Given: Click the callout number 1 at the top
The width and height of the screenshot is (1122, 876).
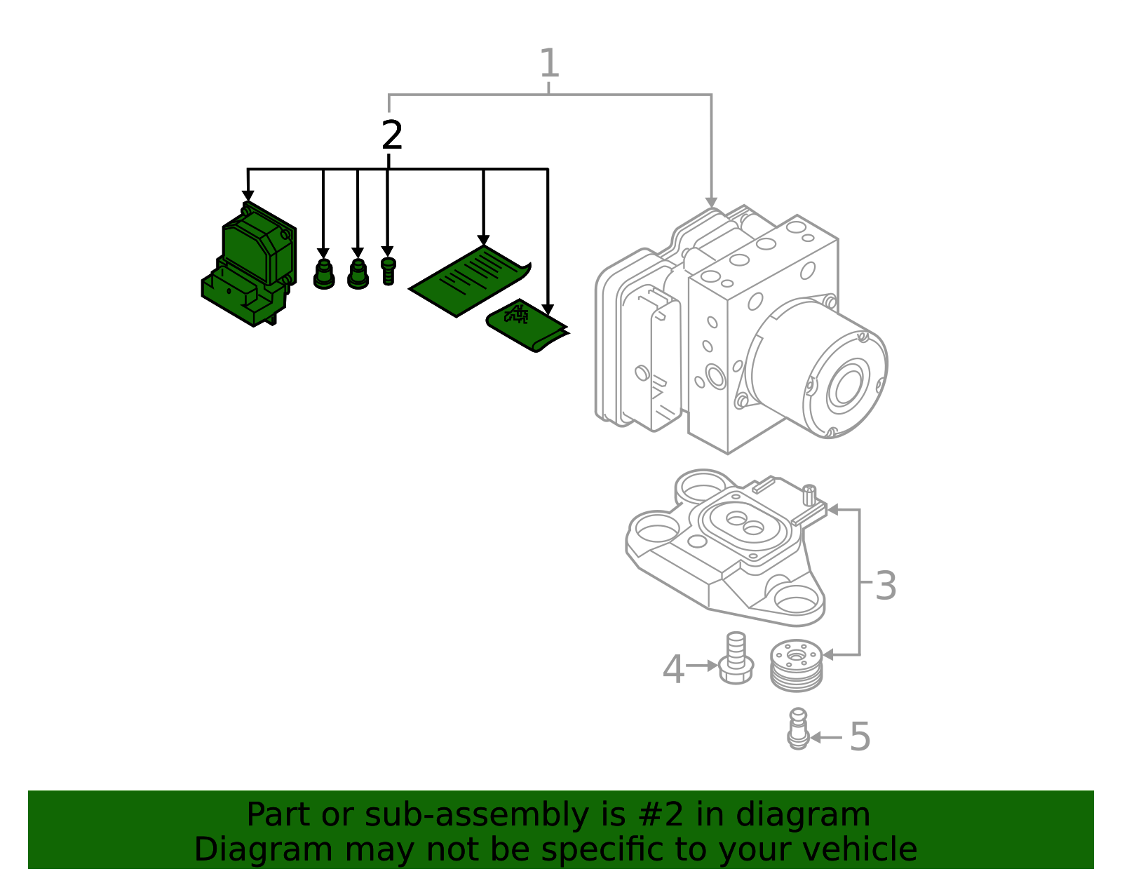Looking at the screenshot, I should click(549, 63).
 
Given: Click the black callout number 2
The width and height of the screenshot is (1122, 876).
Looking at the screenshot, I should click(392, 135).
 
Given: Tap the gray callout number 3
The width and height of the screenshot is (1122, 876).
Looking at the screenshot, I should click(886, 586).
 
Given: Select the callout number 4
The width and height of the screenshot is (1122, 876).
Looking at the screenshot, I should click(673, 669).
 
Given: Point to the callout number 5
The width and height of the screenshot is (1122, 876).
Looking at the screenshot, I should click(860, 736).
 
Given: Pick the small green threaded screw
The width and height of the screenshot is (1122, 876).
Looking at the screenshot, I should click(388, 271).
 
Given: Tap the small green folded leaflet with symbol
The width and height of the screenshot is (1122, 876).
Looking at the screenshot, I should click(526, 325).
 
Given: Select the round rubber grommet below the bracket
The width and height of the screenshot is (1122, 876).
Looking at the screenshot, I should click(796, 665).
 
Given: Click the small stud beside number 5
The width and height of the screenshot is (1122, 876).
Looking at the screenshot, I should click(798, 729).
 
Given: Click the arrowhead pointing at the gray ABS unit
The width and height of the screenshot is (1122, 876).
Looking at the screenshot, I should click(711, 203).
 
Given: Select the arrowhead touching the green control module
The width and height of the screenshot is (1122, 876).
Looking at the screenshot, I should click(248, 196).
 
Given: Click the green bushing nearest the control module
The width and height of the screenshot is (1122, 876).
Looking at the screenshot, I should click(323, 274).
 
